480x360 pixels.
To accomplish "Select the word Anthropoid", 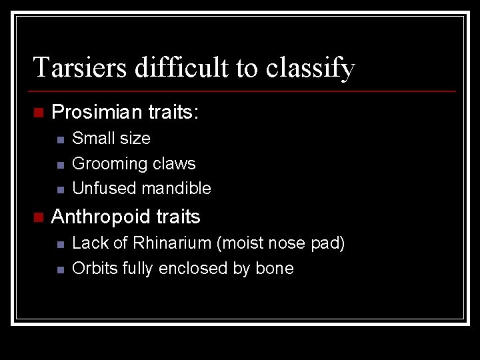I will click(101, 217).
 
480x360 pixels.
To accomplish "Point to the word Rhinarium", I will click(172, 243).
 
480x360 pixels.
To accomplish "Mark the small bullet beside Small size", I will click(60, 139).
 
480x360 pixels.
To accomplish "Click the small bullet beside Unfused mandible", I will click(60, 189).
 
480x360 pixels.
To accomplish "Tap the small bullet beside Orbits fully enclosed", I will click(60, 269).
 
